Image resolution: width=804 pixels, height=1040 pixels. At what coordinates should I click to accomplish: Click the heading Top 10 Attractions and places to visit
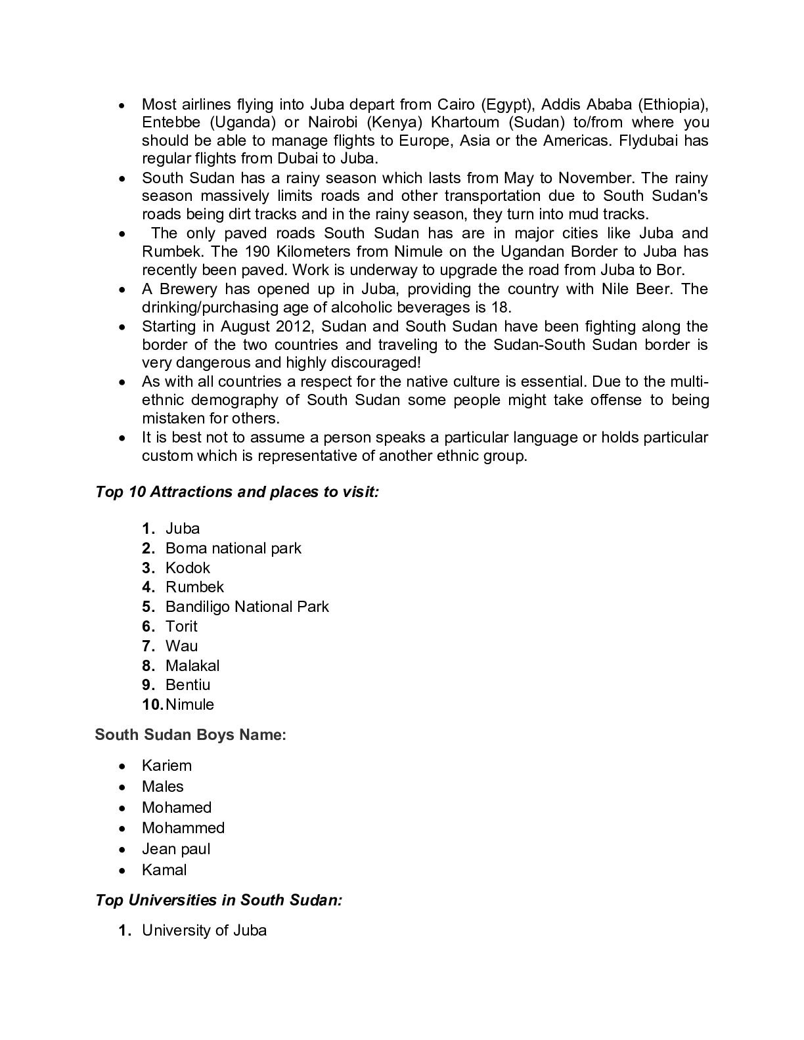pyautogui.click(x=237, y=492)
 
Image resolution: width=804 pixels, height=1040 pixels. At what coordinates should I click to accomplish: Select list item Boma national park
pyautogui.click(x=233, y=548)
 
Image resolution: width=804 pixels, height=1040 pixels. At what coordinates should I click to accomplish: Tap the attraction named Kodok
pyautogui.click(x=187, y=568)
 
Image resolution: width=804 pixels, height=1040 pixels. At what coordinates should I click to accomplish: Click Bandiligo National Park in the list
pyautogui.click(x=247, y=607)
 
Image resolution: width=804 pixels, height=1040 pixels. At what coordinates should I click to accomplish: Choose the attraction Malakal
pyautogui.click(x=192, y=666)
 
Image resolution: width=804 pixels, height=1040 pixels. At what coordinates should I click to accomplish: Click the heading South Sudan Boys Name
pyautogui.click(x=190, y=735)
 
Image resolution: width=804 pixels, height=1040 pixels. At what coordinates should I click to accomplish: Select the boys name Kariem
pyautogui.click(x=167, y=766)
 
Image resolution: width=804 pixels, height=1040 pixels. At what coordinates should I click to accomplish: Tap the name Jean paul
pyautogui.click(x=176, y=849)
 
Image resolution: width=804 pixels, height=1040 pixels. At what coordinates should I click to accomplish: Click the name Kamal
pyautogui.click(x=164, y=870)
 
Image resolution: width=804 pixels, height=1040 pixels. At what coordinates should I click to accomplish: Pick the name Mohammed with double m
pyautogui.click(x=183, y=828)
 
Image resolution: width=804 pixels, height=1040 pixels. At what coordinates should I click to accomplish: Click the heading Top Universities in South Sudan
pyautogui.click(x=219, y=900)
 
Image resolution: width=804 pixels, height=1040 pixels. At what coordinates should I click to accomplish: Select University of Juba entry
pyautogui.click(x=204, y=930)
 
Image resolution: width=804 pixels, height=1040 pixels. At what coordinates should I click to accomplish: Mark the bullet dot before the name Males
pyautogui.click(x=122, y=787)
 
